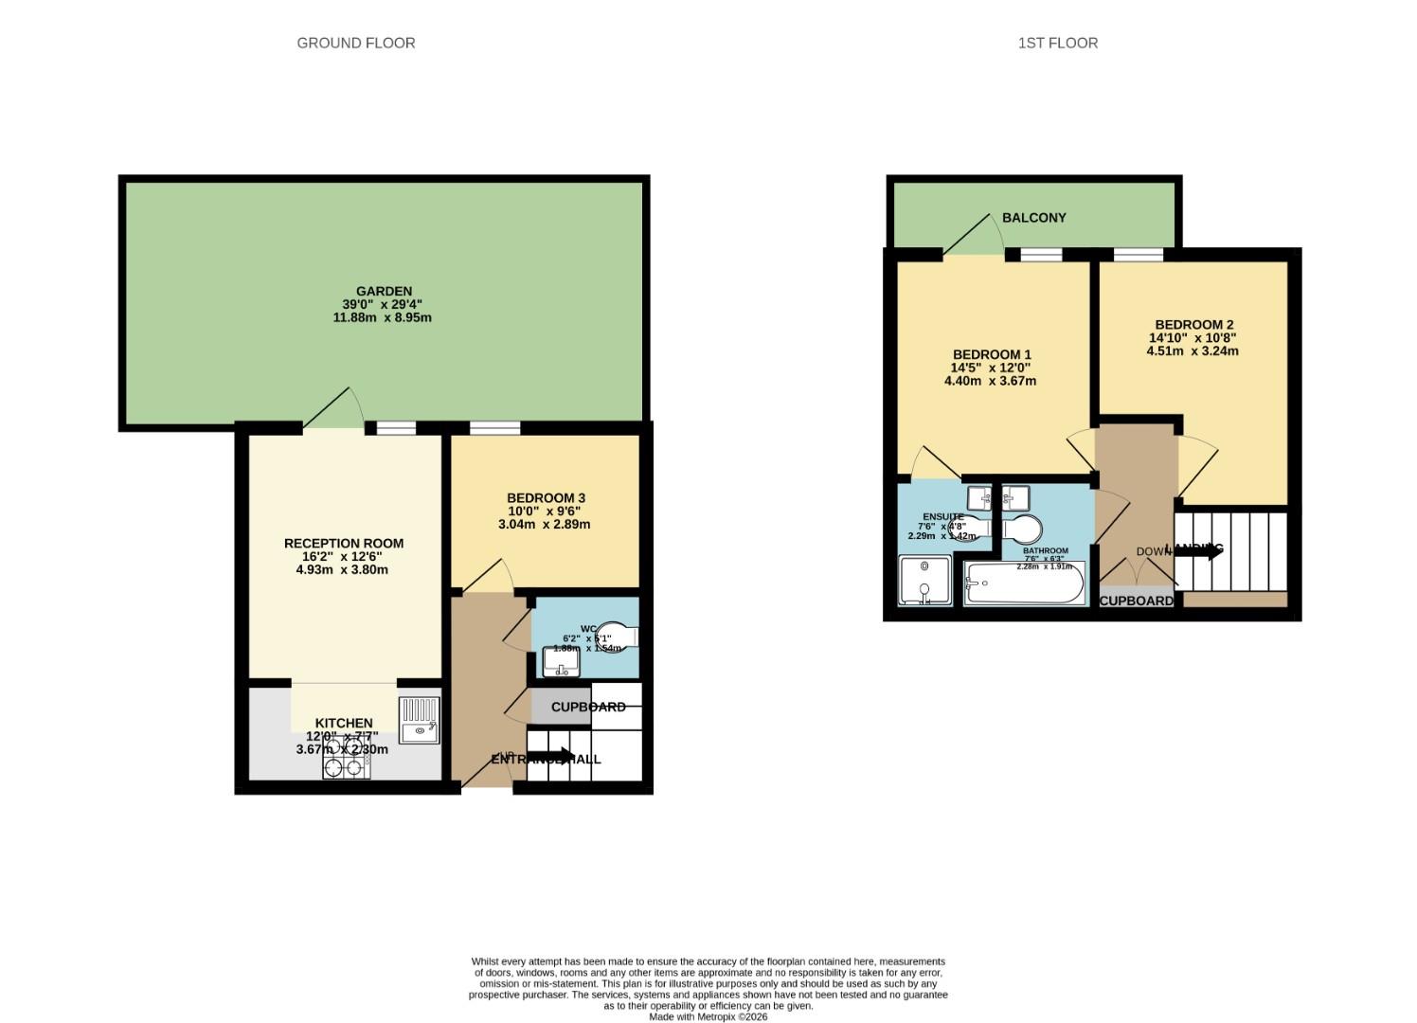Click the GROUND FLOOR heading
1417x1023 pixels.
355,43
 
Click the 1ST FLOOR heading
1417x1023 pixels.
1057,43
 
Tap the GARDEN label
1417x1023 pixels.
384,291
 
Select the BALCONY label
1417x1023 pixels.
1033,218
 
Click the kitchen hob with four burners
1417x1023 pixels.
346,758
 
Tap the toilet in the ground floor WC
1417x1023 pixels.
618,637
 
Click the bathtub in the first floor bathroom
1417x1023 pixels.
1023,583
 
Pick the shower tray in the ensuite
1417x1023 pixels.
924,581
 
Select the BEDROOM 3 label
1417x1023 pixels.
546,498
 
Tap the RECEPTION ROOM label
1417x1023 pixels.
344,544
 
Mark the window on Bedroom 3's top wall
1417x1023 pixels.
494,428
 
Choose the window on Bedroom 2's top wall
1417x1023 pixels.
1138,254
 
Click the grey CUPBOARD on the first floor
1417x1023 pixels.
1136,601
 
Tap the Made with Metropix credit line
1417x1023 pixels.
708,1016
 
